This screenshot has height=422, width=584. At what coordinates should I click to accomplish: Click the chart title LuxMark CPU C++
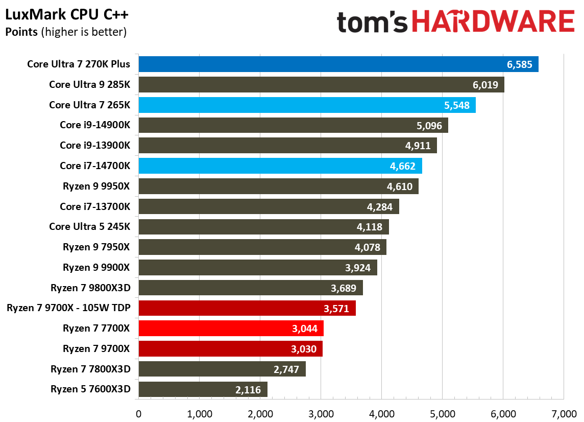66,15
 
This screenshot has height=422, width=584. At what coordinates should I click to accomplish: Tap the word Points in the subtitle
21,32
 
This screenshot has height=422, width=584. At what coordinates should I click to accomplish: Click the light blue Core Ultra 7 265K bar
306,105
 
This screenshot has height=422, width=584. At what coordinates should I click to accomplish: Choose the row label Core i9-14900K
95,125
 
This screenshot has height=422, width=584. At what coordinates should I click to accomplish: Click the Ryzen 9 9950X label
96,186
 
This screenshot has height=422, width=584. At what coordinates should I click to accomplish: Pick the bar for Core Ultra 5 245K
263,227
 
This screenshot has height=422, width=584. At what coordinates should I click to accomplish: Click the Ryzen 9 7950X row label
96,247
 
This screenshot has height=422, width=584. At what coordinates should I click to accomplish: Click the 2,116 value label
248,390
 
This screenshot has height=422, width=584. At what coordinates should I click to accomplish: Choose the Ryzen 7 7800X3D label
90,369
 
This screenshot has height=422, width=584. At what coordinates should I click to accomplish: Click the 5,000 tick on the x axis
442,413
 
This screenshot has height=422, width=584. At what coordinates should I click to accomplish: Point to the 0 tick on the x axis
138,413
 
